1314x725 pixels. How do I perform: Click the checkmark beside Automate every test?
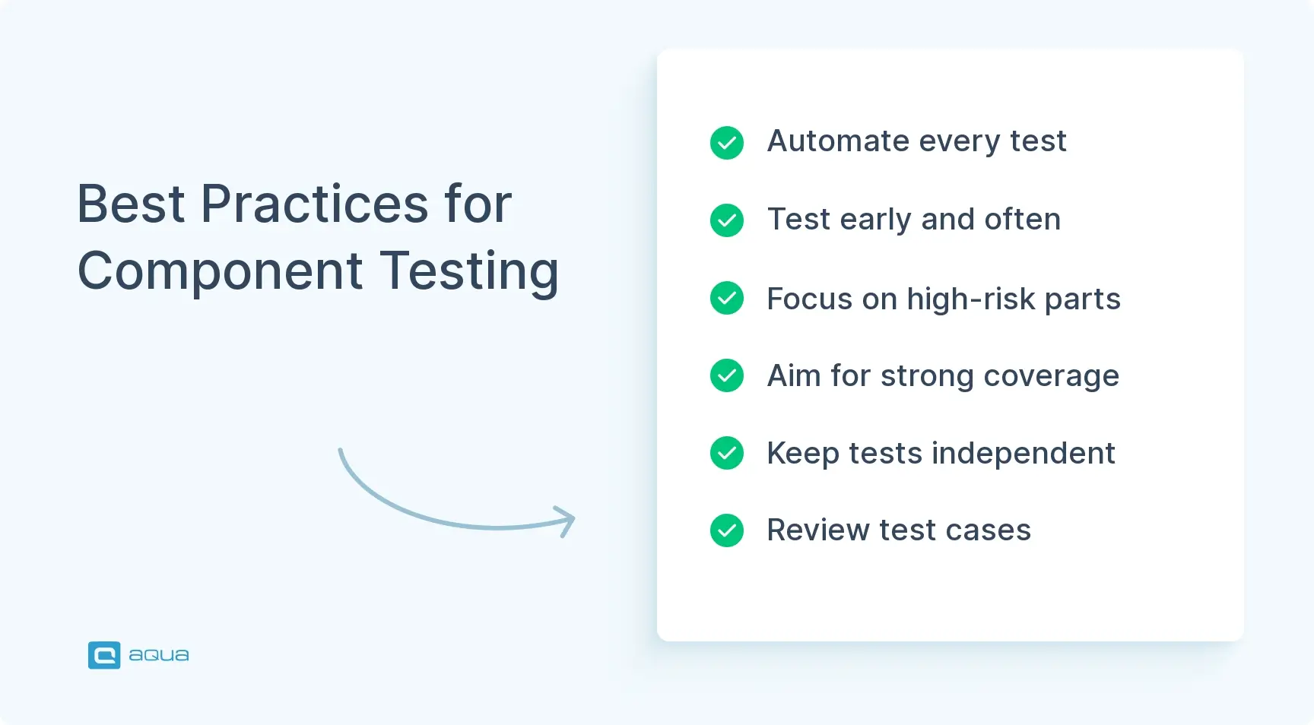pyautogui.click(x=727, y=143)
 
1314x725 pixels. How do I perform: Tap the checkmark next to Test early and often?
pyautogui.click(x=727, y=220)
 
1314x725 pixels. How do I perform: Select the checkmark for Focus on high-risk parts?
pyautogui.click(x=727, y=298)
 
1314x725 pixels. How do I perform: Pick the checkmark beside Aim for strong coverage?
pyautogui.click(x=727, y=375)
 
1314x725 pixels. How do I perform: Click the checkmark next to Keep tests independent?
pyautogui.click(x=727, y=453)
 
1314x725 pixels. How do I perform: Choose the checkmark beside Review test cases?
pyautogui.click(x=727, y=530)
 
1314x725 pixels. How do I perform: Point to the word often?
pyautogui.click(x=1022, y=220)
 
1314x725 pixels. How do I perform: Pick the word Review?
pyautogui.click(x=817, y=530)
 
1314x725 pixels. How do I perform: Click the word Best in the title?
pyautogui.click(x=131, y=204)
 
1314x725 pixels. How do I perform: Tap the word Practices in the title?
pyautogui.click(x=314, y=204)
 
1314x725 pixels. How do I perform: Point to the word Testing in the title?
pyautogui.click(x=469, y=272)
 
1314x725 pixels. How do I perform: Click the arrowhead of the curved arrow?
pyautogui.click(x=569, y=521)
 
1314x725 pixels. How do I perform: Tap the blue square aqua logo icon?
pyautogui.click(x=104, y=655)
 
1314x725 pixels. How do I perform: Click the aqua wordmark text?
pyautogui.click(x=158, y=655)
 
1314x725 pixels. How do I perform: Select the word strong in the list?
pyautogui.click(x=927, y=376)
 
